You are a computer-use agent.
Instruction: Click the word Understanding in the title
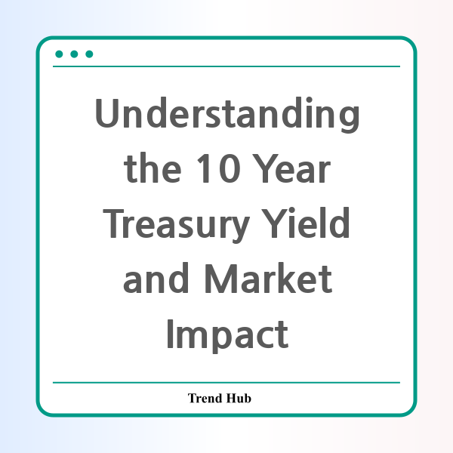[x=227, y=115]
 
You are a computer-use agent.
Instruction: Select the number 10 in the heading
[x=219, y=168]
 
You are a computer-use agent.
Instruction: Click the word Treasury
[x=176, y=225]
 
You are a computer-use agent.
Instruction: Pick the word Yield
[x=305, y=223]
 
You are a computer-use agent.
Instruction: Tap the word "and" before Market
[x=156, y=278]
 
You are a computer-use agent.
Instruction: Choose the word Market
[x=268, y=278]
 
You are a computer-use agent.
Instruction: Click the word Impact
[x=227, y=336]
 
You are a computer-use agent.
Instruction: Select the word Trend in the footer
[x=205, y=398]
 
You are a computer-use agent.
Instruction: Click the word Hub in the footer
[x=239, y=398]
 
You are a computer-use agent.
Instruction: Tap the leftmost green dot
[x=59, y=54]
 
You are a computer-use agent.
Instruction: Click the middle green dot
[x=74, y=54]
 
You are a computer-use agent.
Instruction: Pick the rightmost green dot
[x=89, y=54]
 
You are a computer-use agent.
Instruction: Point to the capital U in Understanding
[x=106, y=113]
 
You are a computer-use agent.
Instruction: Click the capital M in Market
[x=220, y=279]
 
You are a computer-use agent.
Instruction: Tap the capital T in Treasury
[x=113, y=223]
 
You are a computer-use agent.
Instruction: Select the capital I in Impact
[x=170, y=334]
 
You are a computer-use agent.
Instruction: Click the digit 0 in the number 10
[x=230, y=168]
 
